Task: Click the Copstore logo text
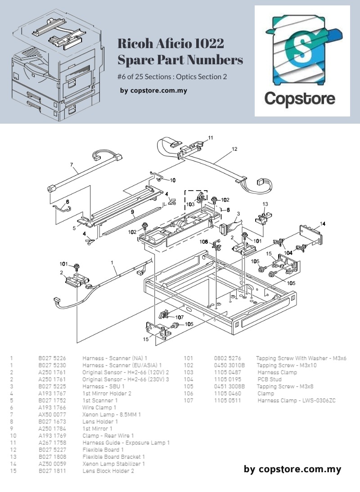[x=300, y=98]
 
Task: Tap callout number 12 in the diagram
[x=234, y=149]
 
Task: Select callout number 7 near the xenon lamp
[x=72, y=165]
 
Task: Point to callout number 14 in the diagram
[x=323, y=224]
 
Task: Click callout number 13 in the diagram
[x=265, y=204]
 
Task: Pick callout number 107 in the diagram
[x=180, y=318]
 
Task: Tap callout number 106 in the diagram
[x=204, y=242]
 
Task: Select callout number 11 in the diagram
[x=211, y=138]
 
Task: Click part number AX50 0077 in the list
[x=52, y=415]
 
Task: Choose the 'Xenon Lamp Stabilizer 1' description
[x=113, y=464]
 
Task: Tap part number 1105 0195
[x=228, y=380]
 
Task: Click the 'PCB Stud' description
[x=270, y=380]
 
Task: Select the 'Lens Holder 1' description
[x=100, y=422]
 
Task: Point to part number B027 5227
[x=52, y=450]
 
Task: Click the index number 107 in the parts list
[x=188, y=400]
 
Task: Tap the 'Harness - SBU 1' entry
[x=103, y=386]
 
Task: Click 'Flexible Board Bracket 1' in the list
[x=113, y=457]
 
